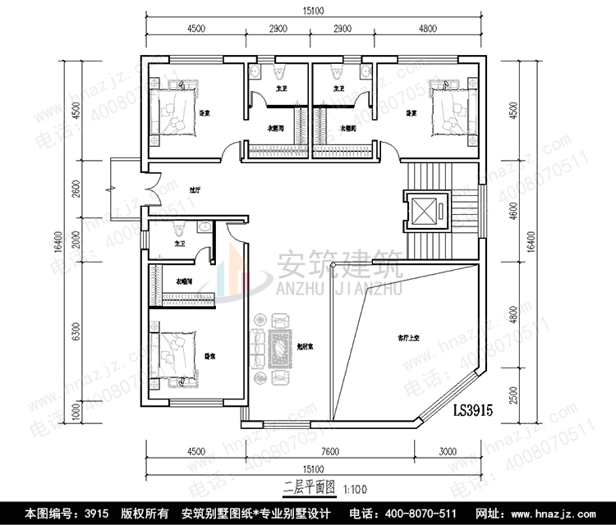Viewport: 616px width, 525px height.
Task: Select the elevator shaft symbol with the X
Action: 425,211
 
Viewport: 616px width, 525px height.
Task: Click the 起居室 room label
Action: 306,347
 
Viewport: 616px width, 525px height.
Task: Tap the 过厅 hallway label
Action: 194,189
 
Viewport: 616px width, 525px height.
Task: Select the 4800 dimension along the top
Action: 427,29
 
